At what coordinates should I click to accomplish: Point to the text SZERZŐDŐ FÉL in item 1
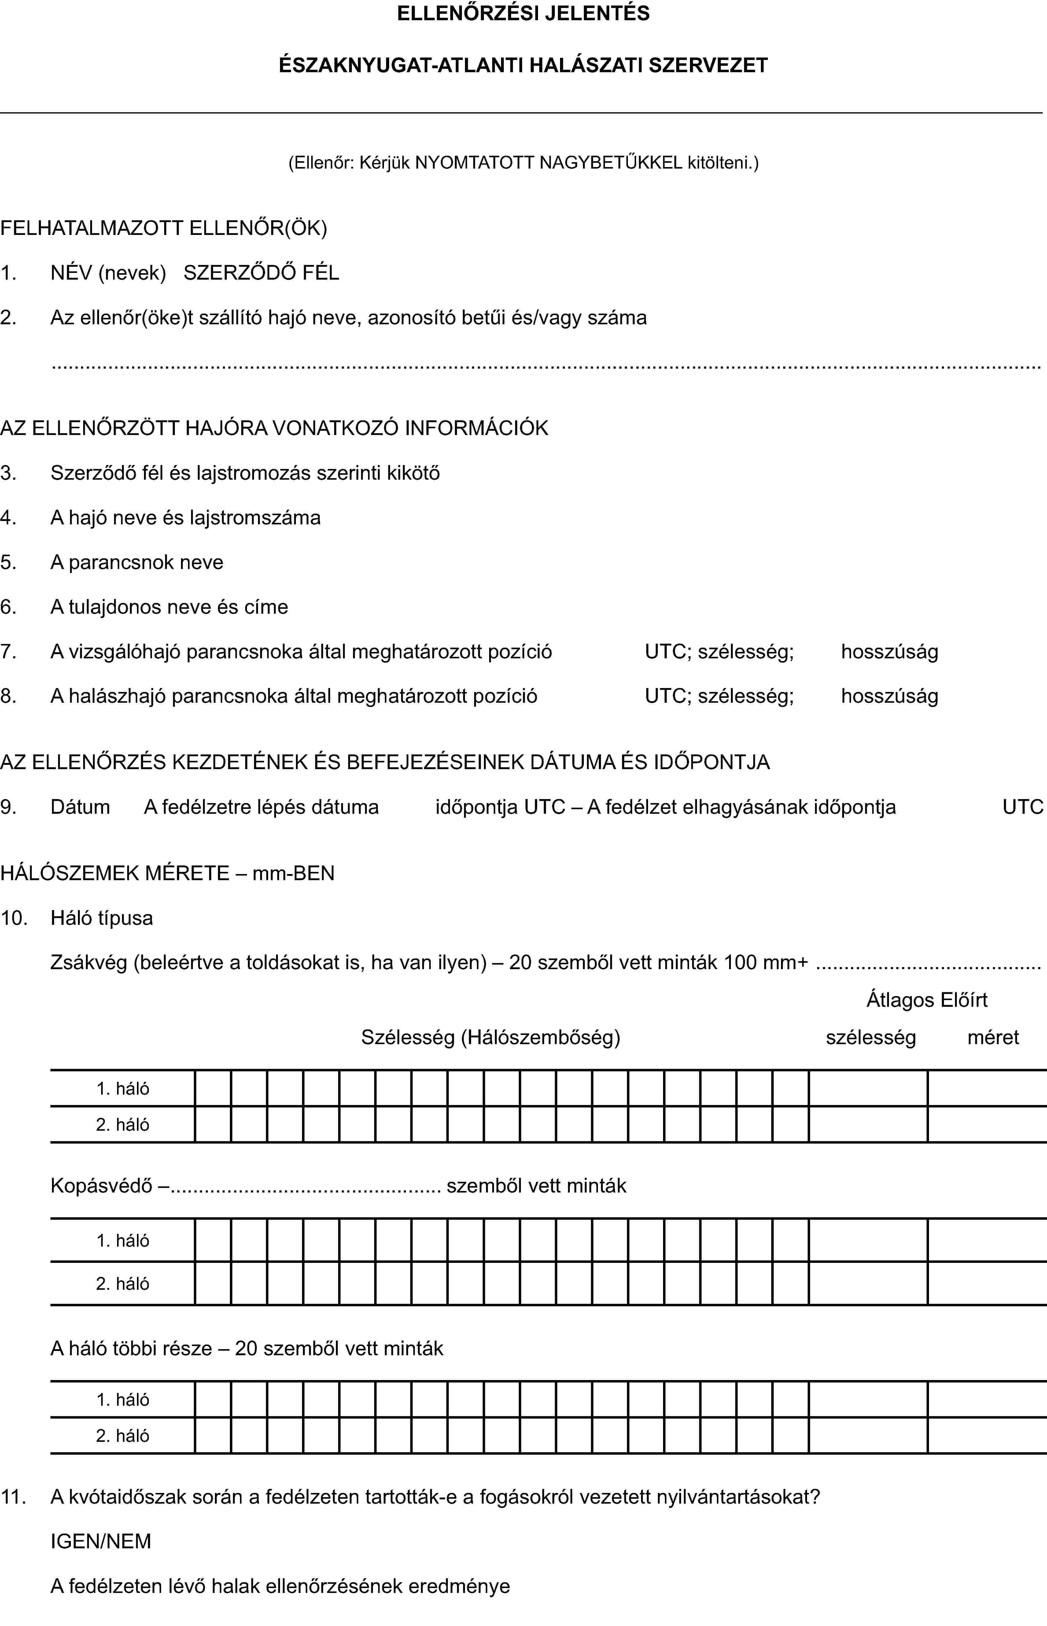coord(261,273)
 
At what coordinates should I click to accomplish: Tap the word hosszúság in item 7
coord(889,652)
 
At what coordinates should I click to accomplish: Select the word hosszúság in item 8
coord(889,696)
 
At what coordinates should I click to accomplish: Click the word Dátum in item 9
coord(80,807)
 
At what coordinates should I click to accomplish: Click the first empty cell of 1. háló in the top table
coord(213,1088)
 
